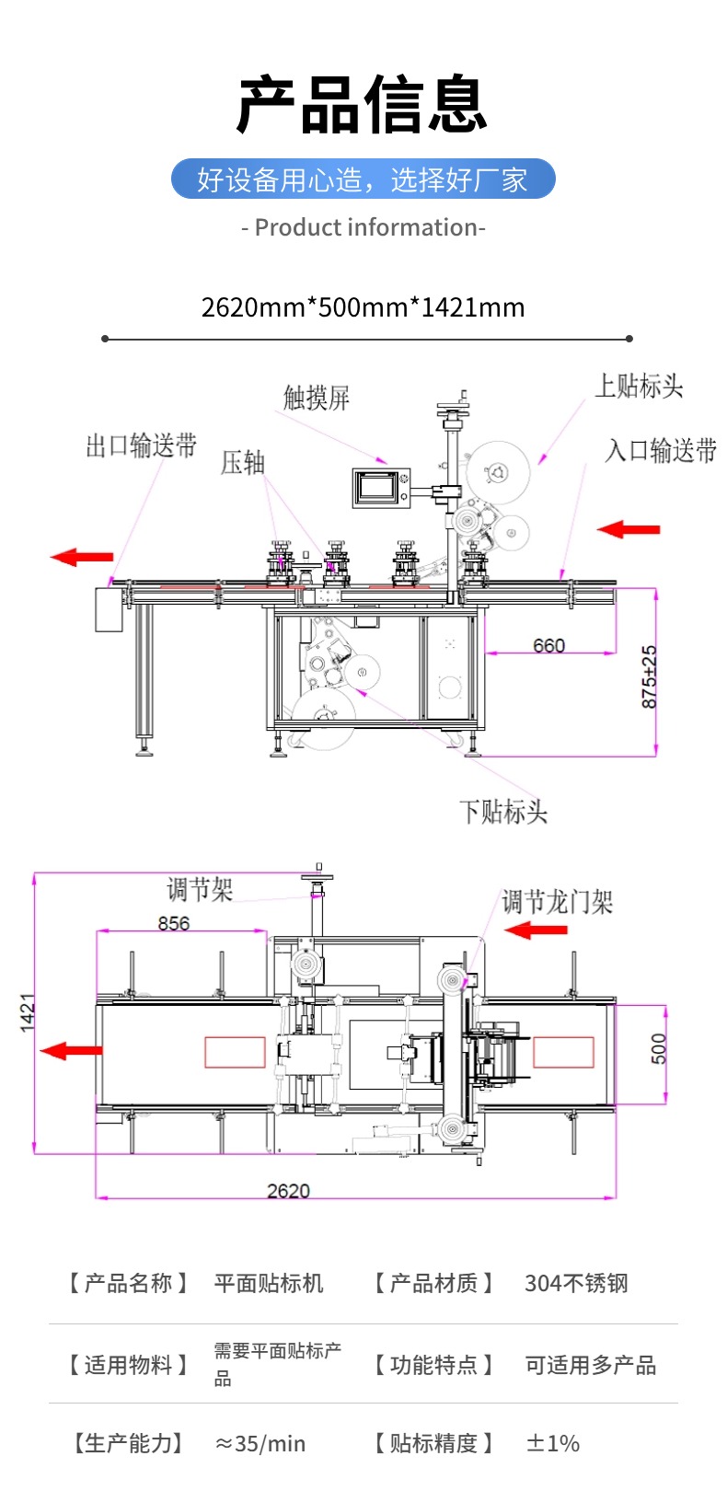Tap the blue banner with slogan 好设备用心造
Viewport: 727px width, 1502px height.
tap(363, 179)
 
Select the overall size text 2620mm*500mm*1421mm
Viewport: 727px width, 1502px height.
tap(363, 307)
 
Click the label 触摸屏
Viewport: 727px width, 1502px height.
tap(317, 398)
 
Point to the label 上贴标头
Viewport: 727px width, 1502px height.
tap(639, 386)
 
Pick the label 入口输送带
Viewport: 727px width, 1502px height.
tap(661, 450)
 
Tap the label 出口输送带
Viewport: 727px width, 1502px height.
tap(141, 446)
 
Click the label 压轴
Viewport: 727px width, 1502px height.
tap(243, 462)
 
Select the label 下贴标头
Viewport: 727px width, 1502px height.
tap(503, 811)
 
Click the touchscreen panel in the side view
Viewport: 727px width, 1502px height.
tap(380, 487)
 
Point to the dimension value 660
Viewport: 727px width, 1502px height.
tap(549, 645)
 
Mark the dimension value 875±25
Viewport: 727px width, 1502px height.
tap(649, 676)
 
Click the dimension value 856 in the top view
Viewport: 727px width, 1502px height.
tap(174, 922)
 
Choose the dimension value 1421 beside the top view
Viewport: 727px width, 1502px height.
tap(28, 1011)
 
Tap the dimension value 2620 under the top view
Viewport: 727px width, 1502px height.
tap(288, 1190)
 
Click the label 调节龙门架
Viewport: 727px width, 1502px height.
tap(557, 902)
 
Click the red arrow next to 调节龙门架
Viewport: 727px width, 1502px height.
tap(536, 930)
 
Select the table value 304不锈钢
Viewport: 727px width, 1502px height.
tap(576, 1283)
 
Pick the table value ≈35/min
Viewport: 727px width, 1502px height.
tap(260, 1443)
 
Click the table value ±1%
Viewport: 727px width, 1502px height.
tap(552, 1443)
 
